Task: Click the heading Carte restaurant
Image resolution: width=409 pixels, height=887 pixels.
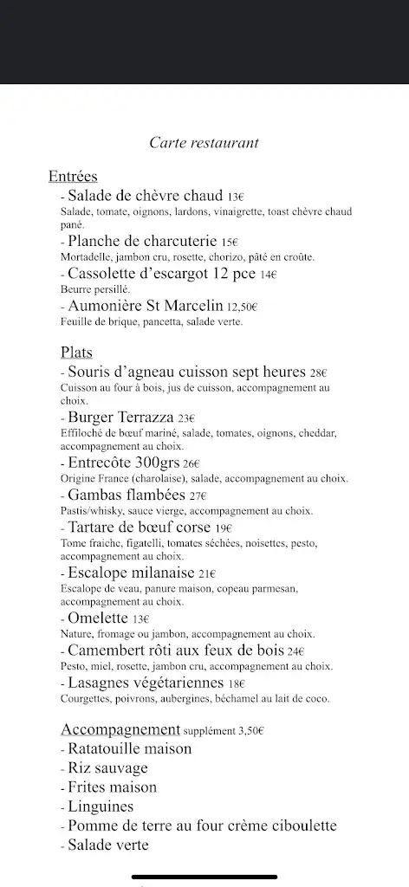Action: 204,142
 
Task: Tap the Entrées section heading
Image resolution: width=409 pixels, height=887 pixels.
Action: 73,178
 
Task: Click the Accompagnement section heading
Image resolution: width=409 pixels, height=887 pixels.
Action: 120,728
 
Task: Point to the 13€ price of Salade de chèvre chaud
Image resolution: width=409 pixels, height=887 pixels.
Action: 236,197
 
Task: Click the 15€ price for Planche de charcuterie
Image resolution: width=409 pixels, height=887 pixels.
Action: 229,243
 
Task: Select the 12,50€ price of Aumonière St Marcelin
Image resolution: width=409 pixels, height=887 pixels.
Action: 243,307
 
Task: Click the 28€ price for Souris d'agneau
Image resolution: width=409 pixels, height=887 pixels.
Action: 318,373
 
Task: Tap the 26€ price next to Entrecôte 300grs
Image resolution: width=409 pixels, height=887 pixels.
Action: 192,463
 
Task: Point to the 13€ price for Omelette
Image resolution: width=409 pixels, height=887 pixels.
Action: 140,619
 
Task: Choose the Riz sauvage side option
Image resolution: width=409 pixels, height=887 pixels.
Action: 107,767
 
